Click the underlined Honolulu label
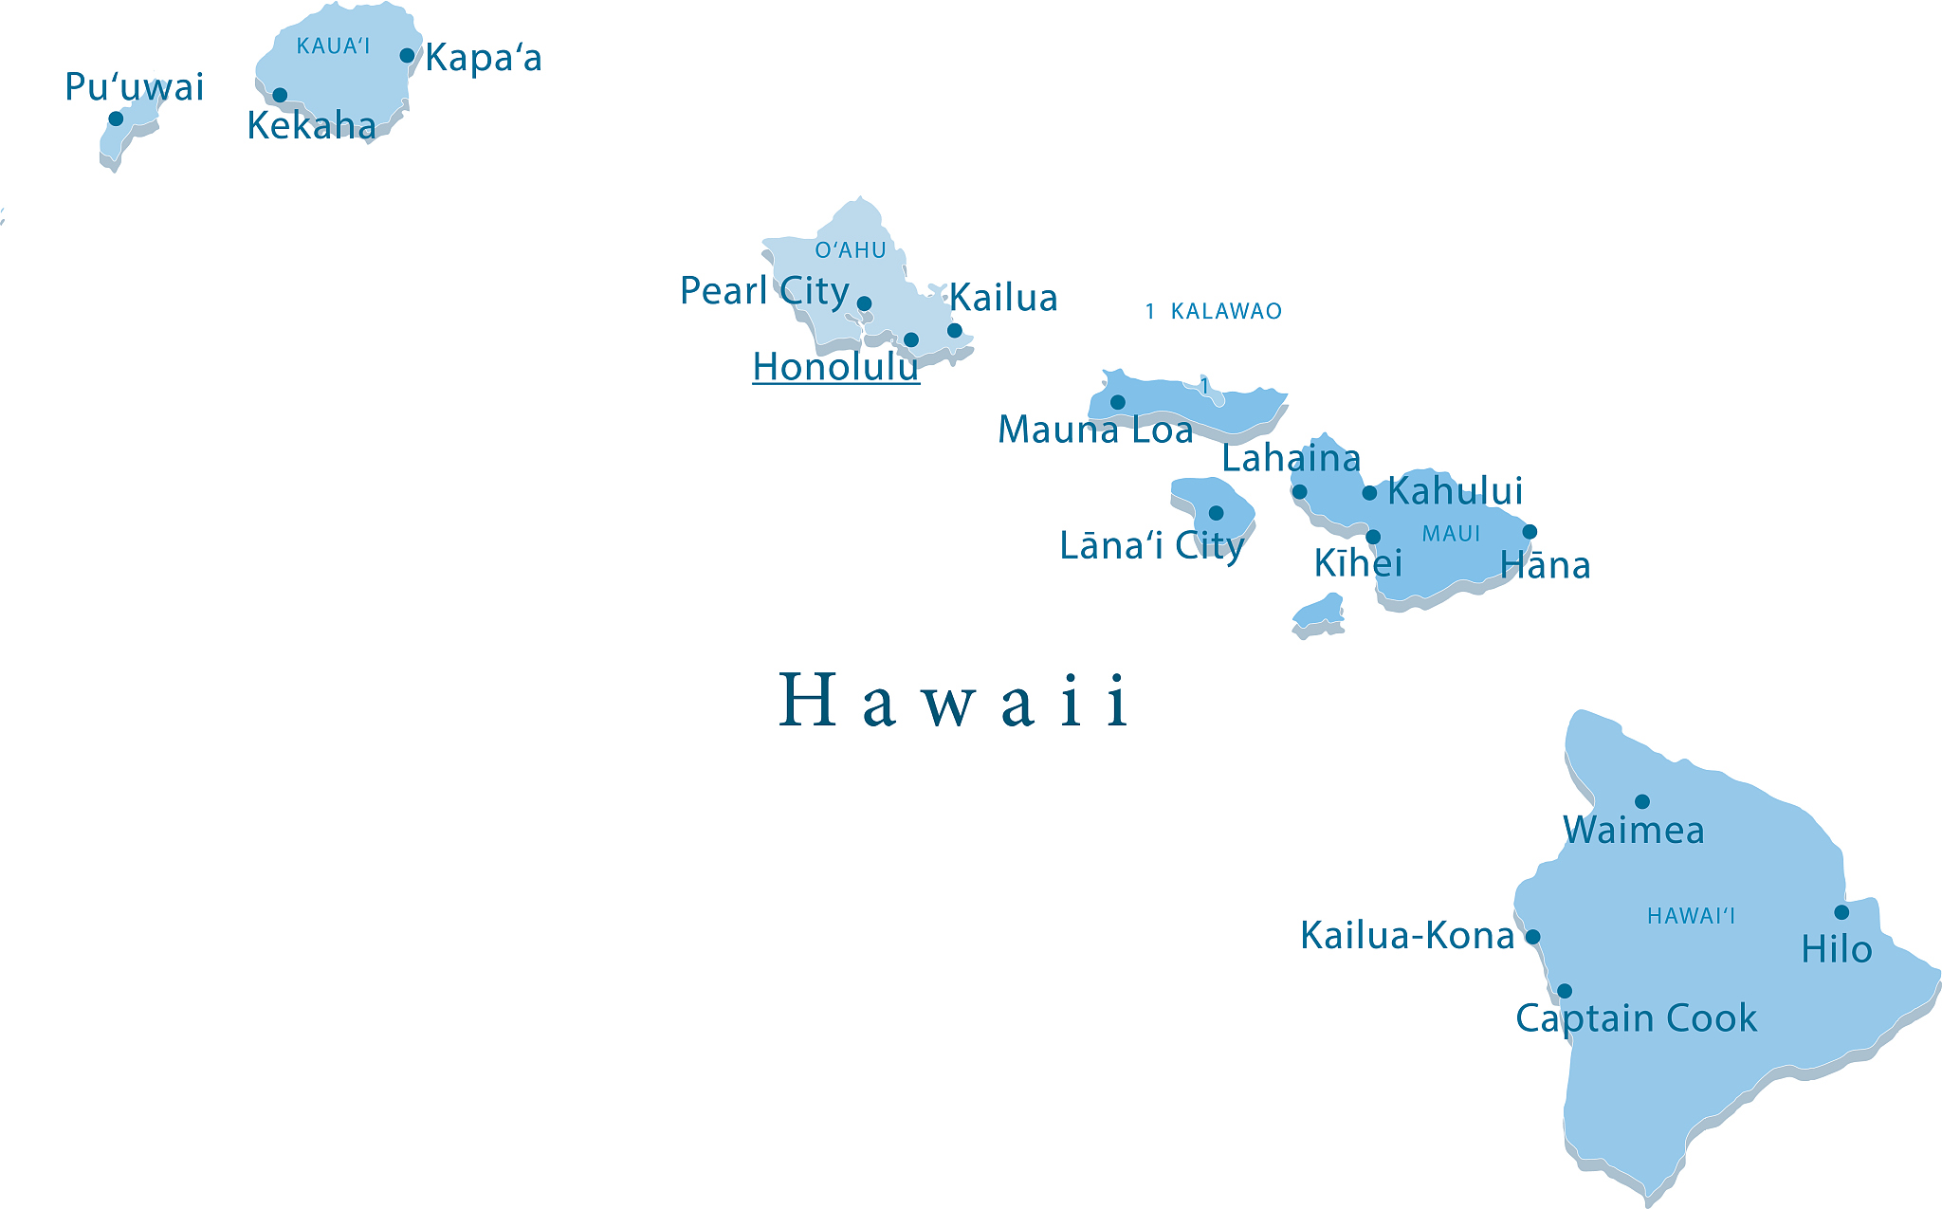pos(835,367)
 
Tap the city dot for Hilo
pos(1841,912)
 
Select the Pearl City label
pos(764,291)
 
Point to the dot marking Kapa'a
pos(407,56)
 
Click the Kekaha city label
pos(311,126)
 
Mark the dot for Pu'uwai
pos(116,119)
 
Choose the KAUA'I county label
pos(333,46)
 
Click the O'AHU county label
pos(851,250)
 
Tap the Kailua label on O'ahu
pos(1003,298)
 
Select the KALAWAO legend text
pos(1225,311)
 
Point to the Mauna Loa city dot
pos(1118,402)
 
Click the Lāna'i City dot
pos(1216,513)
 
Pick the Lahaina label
pos(1291,459)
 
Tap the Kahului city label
pos(1455,491)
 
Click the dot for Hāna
pos(1530,532)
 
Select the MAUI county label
pos(1451,534)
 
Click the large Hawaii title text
pos(953,701)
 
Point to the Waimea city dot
pos(1642,801)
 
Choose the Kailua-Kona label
pos(1407,936)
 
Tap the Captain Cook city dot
pos(1565,991)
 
